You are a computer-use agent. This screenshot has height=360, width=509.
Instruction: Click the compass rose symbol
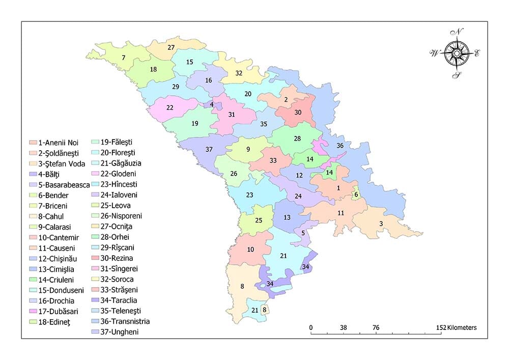click(x=457, y=52)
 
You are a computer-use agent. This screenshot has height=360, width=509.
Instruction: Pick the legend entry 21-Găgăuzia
click(x=118, y=163)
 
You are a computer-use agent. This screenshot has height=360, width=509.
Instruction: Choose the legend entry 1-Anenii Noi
click(x=53, y=142)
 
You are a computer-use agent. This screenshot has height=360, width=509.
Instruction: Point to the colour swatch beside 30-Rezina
click(x=96, y=258)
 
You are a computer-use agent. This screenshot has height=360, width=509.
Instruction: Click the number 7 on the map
click(x=123, y=57)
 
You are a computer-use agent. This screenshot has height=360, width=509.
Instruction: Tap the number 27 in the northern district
click(x=172, y=47)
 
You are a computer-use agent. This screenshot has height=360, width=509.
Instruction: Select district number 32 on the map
click(x=239, y=73)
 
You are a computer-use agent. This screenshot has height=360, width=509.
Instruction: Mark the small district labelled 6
click(x=356, y=195)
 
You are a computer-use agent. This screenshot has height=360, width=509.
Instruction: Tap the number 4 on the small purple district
click(x=212, y=104)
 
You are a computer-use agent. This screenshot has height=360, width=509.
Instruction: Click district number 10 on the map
click(x=250, y=250)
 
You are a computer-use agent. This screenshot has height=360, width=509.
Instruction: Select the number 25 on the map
click(x=258, y=220)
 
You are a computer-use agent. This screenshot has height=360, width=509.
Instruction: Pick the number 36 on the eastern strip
click(x=340, y=146)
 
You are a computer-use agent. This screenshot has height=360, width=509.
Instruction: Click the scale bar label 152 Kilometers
click(x=455, y=328)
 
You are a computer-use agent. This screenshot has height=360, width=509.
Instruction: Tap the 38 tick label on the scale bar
click(x=343, y=328)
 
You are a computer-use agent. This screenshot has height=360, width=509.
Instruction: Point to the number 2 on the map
click(x=286, y=99)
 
